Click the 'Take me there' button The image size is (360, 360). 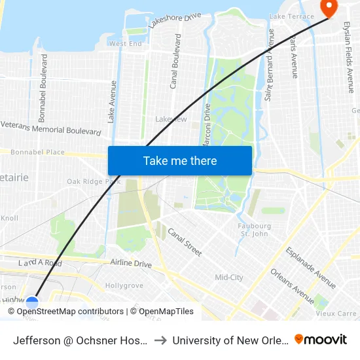pyautogui.click(x=180, y=160)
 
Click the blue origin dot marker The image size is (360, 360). pyautogui.click(x=31, y=302)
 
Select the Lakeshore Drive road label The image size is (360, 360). pyautogui.click(x=174, y=20)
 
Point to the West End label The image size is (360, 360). pyautogui.click(x=125, y=44)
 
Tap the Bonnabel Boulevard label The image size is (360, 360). pyautogui.click(x=44, y=87)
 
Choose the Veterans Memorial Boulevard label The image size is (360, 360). pyautogui.click(x=51, y=127)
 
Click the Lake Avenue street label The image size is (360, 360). pyautogui.click(x=112, y=101)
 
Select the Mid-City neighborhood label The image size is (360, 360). pyautogui.click(x=229, y=278)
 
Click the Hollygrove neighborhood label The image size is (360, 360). pyautogui.click(x=124, y=286)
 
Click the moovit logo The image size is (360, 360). pyautogui.click(x=321, y=339)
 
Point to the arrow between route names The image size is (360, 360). pyautogui.click(x=160, y=340)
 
